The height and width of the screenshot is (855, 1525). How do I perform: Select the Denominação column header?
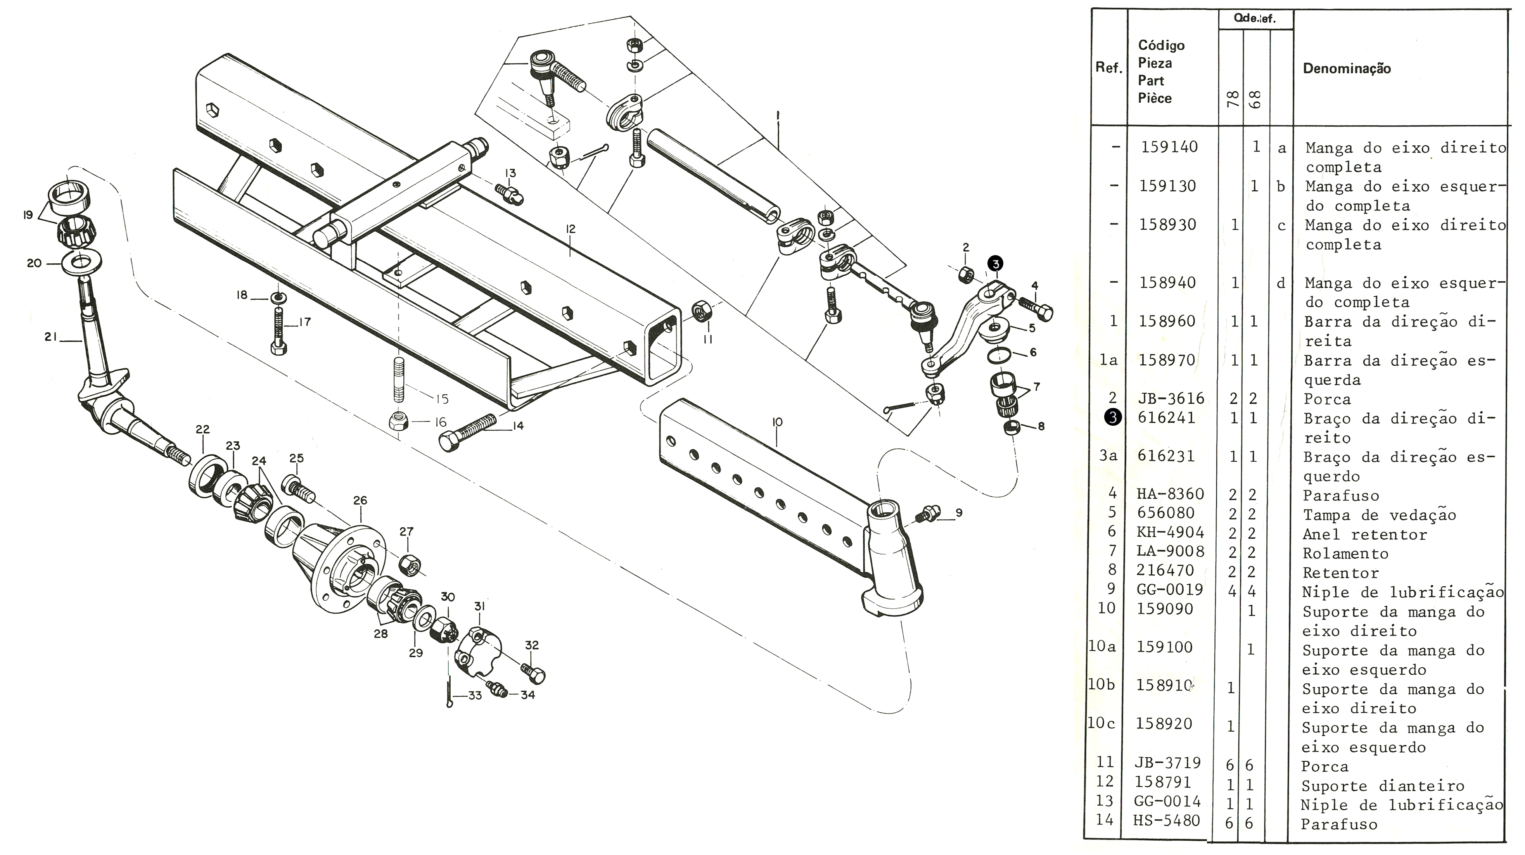pos(1347,68)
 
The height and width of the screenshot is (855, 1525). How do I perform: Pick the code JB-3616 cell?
pos(1171,398)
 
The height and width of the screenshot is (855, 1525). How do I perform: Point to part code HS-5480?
pos(1166,820)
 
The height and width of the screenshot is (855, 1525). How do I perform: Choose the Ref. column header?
pos(1108,68)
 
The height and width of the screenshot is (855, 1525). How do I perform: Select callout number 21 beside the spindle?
pos(50,337)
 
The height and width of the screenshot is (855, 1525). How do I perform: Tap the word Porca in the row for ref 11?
pos(1324,766)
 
